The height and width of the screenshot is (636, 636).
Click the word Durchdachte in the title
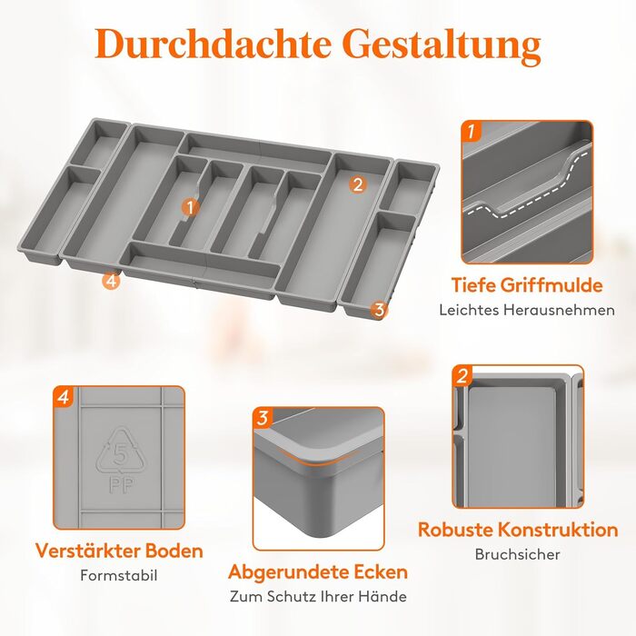213,44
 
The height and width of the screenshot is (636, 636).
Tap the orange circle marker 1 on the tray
191,207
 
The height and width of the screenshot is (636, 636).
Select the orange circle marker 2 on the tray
357,184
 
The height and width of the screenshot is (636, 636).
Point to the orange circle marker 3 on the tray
379,310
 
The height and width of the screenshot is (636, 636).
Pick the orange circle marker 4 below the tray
111,281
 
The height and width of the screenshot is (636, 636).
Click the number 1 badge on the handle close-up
471,132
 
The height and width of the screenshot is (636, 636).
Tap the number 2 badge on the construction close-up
462,376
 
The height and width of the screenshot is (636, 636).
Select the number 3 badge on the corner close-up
263,418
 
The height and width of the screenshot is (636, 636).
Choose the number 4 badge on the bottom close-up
64,397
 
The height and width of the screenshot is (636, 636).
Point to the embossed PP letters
121,484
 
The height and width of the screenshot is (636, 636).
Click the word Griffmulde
552,285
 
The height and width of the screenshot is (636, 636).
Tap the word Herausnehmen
560,311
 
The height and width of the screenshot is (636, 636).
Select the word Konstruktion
558,530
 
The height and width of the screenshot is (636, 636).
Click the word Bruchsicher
518,554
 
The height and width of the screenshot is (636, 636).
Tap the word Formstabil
119,575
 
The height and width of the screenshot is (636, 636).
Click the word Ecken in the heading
381,571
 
